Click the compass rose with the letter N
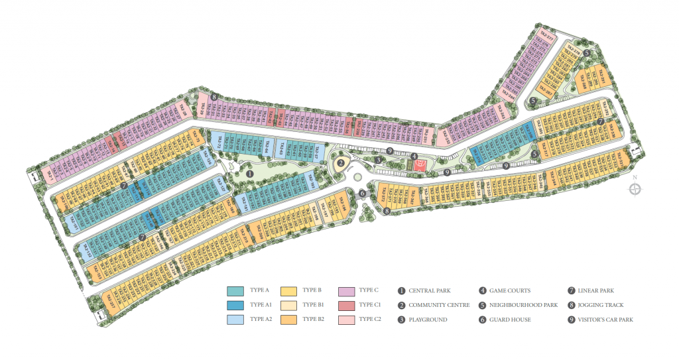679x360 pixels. [635, 189]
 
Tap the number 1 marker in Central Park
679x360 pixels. [250, 173]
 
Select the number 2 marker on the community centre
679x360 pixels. [341, 163]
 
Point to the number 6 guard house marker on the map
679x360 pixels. [362, 193]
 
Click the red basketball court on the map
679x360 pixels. [418, 166]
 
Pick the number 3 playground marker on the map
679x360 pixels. [377, 159]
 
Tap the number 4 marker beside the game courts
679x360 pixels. [414, 156]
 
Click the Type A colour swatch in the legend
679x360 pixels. [235, 290]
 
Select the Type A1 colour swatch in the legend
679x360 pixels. [235, 305]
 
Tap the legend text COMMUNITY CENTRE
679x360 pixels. [439, 305]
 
